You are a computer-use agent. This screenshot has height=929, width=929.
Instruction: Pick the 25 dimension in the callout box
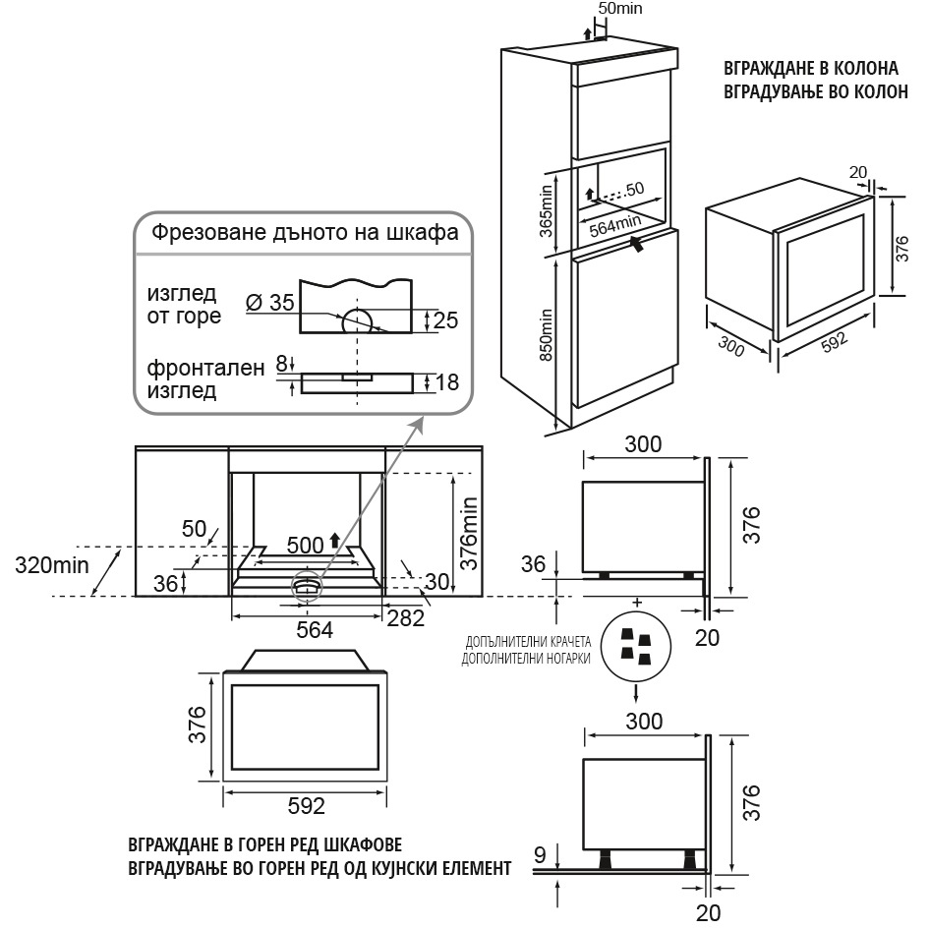(x=444, y=319)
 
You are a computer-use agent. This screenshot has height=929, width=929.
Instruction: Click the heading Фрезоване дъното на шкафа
(x=302, y=233)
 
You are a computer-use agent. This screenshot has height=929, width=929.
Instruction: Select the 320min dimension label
(x=51, y=564)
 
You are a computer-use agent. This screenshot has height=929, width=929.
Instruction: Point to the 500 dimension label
(x=305, y=545)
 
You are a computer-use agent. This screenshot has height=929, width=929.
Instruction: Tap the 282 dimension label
(x=405, y=618)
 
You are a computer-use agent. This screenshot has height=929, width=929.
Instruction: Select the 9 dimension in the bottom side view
(x=539, y=854)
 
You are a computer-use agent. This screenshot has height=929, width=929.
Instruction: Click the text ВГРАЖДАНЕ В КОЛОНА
(x=810, y=70)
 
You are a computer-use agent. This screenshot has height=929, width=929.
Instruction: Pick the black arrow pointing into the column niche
(x=639, y=243)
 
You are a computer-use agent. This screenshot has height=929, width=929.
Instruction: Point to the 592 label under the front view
(x=306, y=806)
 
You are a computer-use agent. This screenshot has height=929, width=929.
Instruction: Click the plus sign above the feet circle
(x=636, y=601)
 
